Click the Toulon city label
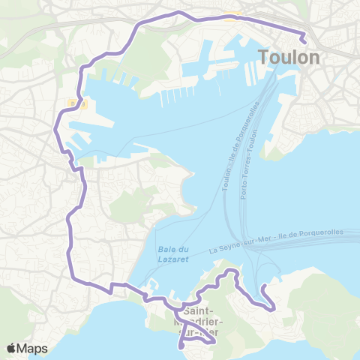pos(289,58)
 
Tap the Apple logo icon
pos(11,348)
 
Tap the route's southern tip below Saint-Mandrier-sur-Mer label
pos(181,346)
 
